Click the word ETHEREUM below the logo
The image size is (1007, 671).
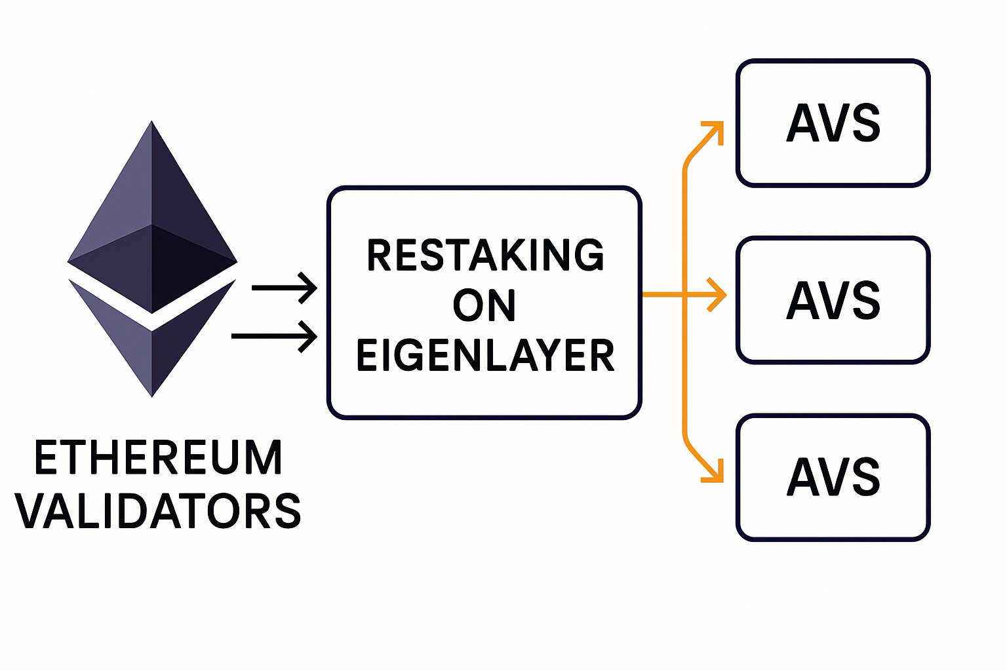[x=158, y=457]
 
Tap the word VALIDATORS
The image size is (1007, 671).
[x=158, y=511]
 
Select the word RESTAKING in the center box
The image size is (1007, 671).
[x=485, y=256]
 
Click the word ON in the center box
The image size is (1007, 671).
[x=484, y=305]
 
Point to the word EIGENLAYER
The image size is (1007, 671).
[x=485, y=356]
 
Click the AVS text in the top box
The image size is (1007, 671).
[x=833, y=123]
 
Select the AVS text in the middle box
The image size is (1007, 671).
[x=833, y=300]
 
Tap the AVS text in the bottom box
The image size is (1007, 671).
[x=833, y=477]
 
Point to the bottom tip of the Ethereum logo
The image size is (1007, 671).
[x=152, y=394]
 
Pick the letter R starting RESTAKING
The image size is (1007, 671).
[x=379, y=256]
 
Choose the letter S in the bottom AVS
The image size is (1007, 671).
[x=867, y=477]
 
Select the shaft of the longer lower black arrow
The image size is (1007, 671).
[x=266, y=337]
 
